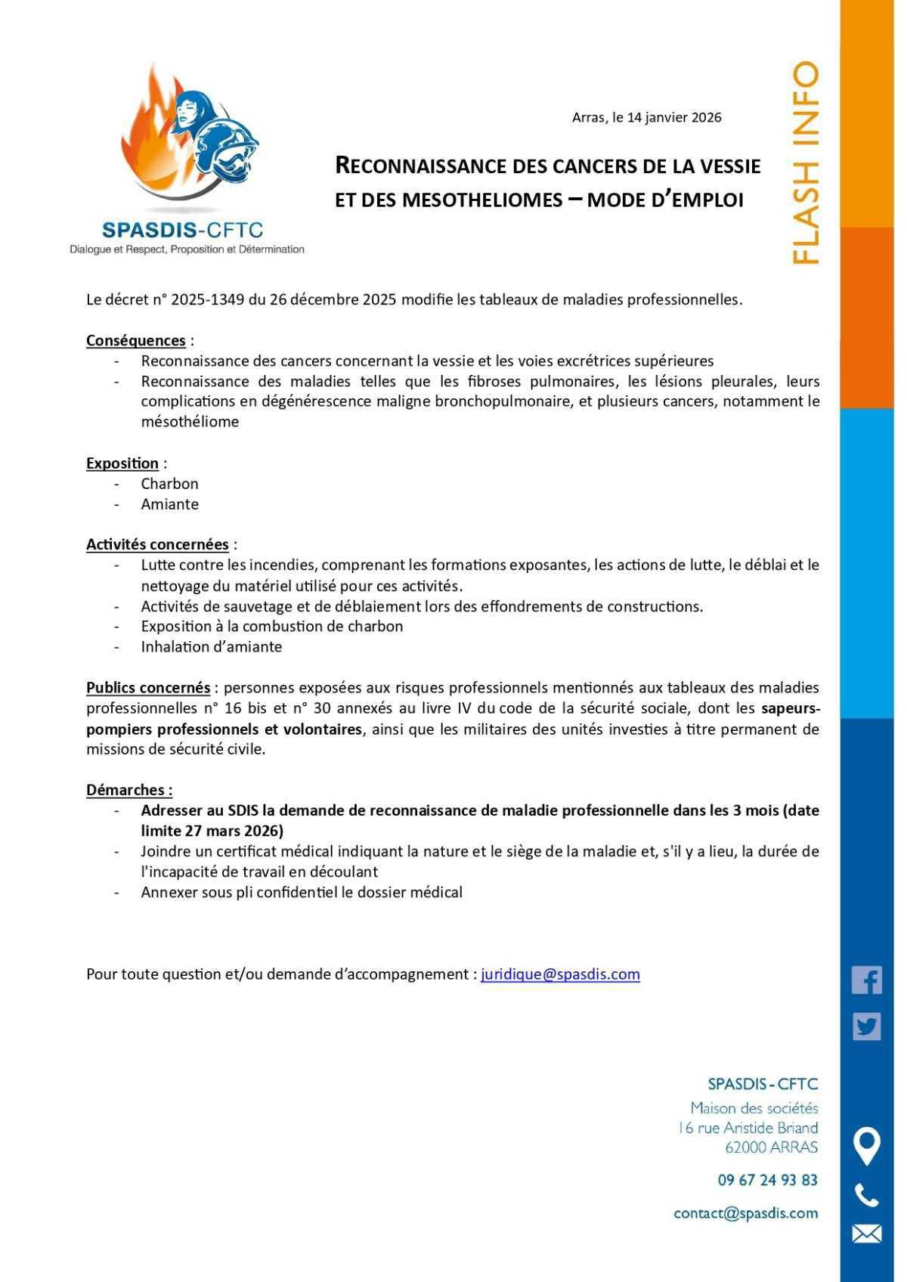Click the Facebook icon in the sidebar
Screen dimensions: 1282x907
866,980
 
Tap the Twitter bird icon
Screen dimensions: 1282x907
866,1027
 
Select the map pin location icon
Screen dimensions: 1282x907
866,1145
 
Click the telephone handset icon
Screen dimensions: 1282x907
866,1195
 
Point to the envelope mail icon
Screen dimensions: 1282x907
866,1234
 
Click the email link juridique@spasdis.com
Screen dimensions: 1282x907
560,974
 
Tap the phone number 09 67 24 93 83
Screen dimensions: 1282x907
767,1180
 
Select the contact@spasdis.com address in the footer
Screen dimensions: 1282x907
745,1213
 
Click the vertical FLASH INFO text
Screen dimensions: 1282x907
806,163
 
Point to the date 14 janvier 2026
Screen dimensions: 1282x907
674,117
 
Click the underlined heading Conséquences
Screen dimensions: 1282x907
136,340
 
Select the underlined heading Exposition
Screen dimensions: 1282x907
122,463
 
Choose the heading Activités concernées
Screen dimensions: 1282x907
157,544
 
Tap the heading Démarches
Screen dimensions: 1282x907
129,790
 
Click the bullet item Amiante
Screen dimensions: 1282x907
169,504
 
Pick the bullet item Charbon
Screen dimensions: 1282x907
169,484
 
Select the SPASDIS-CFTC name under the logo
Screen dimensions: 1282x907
182,229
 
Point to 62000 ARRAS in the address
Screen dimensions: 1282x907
771,1147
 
